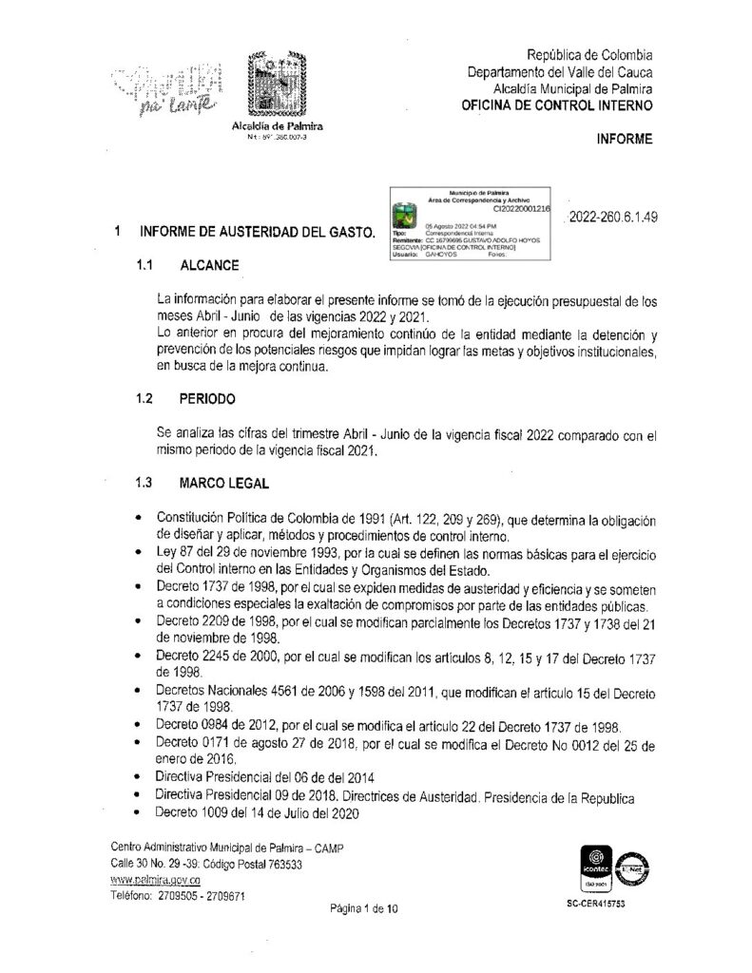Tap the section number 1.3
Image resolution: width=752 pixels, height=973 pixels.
click(145, 483)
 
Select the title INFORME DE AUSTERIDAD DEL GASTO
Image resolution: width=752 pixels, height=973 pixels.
click(257, 231)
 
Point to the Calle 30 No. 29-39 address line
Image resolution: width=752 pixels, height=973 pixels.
click(206, 865)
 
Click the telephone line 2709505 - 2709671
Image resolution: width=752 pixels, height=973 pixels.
click(179, 896)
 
